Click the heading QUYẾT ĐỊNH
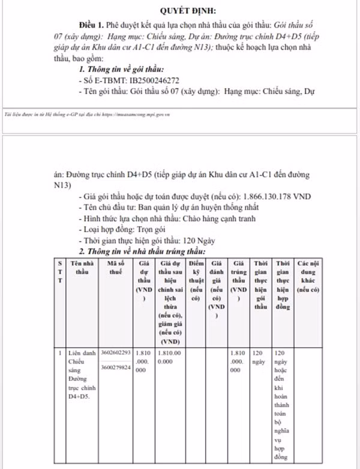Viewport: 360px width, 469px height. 189,11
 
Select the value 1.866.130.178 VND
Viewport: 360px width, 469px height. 278,197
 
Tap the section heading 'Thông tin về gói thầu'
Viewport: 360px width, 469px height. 122,70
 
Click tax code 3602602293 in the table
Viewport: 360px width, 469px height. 116,353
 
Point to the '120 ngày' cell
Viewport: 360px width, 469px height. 259,358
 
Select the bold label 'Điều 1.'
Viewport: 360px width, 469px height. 90,27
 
